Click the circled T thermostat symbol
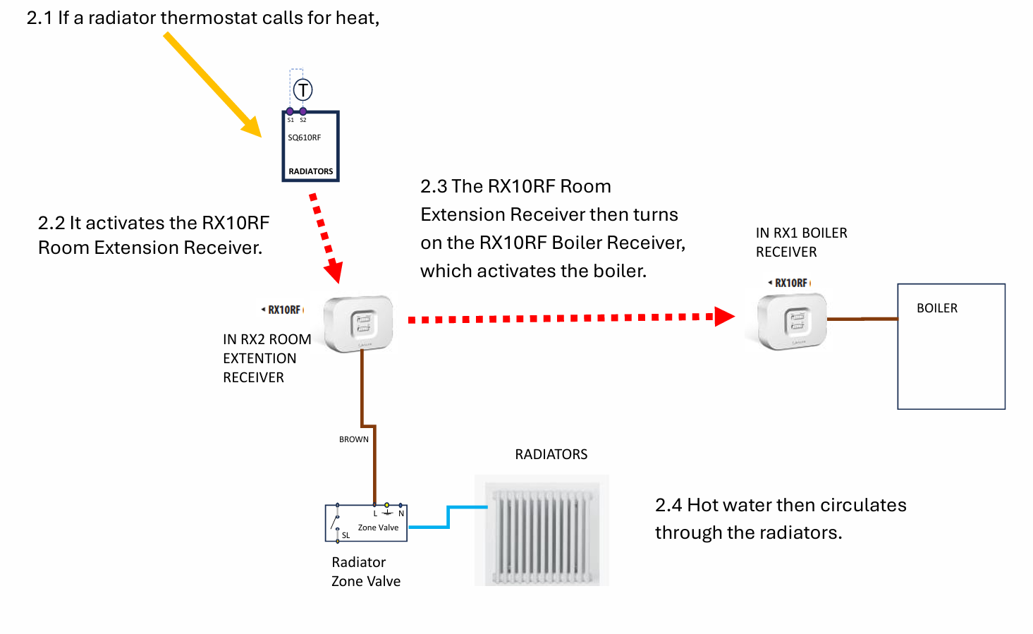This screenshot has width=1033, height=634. (302, 90)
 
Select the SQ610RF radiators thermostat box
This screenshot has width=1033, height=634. (310, 147)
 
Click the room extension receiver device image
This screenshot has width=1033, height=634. (358, 324)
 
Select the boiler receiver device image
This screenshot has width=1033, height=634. (792, 322)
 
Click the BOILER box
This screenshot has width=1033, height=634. (951, 346)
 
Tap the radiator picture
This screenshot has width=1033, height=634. (542, 530)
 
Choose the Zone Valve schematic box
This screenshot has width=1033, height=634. (366, 523)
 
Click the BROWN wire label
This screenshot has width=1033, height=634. (353, 439)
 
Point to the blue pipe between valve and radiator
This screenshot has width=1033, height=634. (448, 517)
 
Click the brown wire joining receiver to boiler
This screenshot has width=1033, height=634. (862, 319)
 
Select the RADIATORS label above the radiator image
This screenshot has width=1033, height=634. (551, 455)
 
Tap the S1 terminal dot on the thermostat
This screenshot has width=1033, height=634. (290, 111)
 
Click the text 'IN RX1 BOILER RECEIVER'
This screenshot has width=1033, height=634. (801, 242)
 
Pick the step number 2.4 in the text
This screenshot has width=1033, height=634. (668, 506)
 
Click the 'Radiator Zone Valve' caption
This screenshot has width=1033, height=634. (365, 571)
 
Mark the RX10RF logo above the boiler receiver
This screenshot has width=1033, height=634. (790, 283)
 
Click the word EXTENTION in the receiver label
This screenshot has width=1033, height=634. (259, 358)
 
